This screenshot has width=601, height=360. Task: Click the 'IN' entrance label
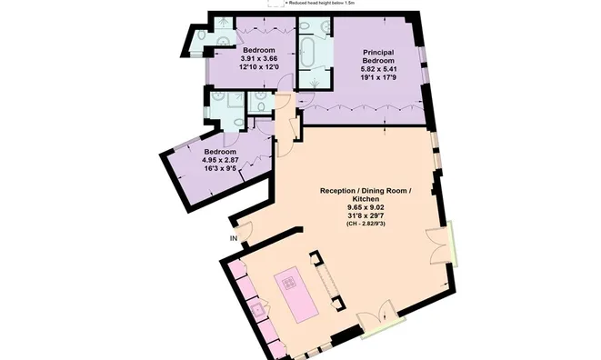pyautogui.click(x=234, y=238)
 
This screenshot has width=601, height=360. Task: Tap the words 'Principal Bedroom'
pyautogui.click(x=377, y=59)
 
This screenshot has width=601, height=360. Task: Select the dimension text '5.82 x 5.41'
pyautogui.click(x=377, y=70)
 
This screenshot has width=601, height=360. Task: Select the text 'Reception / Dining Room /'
pyautogui.click(x=366, y=191)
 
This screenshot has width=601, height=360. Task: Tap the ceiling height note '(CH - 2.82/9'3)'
pyautogui.click(x=366, y=224)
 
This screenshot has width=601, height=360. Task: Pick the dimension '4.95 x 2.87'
pyautogui.click(x=220, y=160)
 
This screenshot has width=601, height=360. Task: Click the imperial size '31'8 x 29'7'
pyautogui.click(x=366, y=215)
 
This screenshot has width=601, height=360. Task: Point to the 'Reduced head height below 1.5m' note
pyautogui.click(x=324, y=4)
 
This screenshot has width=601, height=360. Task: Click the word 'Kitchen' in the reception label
pyautogui.click(x=366, y=199)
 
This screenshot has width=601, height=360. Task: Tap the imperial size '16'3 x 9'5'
pyautogui.click(x=220, y=168)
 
